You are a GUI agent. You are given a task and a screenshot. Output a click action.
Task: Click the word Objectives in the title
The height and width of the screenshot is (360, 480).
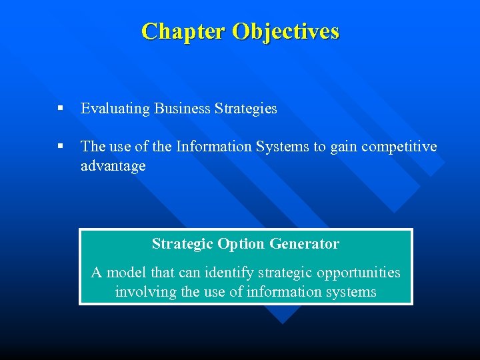286,31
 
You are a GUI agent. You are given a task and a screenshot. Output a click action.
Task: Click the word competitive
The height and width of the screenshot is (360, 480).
399,147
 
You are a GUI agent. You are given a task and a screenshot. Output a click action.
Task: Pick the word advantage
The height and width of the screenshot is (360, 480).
113,166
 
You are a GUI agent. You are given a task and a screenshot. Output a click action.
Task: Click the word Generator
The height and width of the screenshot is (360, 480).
306,244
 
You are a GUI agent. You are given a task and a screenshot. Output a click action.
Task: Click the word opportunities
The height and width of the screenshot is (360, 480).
359,272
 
